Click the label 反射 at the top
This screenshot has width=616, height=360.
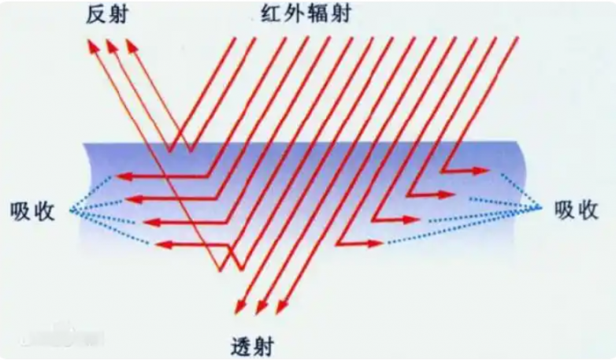click(107, 15)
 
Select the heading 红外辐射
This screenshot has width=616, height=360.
click(306, 13)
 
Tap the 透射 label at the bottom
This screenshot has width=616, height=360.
click(252, 346)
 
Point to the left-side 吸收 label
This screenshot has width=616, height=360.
click(32, 211)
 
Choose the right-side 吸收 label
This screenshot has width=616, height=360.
click(577, 210)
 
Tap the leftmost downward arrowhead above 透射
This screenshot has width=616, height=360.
click(239, 307)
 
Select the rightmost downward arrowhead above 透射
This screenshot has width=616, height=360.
click(281, 307)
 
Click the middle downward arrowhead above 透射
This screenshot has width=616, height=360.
click(261, 307)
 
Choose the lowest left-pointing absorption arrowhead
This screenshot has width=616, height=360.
click(163, 245)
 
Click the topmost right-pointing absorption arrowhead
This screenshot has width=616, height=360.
click(481, 171)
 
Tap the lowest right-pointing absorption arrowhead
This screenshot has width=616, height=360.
click(375, 243)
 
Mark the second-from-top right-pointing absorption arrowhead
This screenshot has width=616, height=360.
click(447, 194)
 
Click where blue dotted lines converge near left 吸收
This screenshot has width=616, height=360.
click(72, 211)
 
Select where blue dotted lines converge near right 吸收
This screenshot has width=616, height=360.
click(540, 207)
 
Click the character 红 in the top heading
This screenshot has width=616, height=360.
click(272, 13)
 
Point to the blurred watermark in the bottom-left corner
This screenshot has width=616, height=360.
click(63, 337)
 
